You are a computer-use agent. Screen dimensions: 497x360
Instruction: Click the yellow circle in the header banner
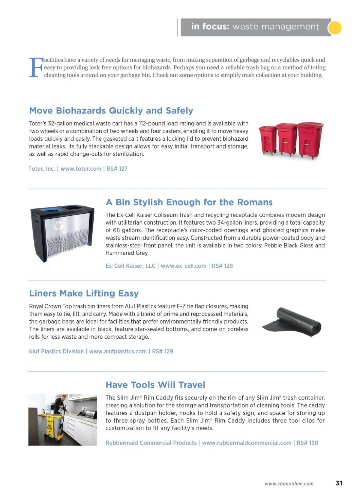click(x=334, y=28)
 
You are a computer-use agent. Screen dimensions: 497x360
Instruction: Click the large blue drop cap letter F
click(x=36, y=67)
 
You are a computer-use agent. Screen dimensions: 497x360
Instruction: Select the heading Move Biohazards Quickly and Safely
click(x=111, y=111)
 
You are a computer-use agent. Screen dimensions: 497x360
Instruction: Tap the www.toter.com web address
click(x=81, y=169)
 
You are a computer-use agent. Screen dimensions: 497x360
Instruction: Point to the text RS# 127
click(x=117, y=169)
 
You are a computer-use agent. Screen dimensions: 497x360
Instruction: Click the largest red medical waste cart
click(x=310, y=139)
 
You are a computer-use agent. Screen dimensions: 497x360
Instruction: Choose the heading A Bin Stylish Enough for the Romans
click(x=189, y=202)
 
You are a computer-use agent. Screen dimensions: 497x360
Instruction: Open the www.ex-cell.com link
click(x=184, y=266)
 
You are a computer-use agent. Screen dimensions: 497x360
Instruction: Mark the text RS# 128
click(x=222, y=266)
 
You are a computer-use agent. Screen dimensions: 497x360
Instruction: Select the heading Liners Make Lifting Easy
click(x=84, y=293)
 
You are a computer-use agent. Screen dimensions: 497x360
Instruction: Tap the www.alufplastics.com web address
click(x=118, y=352)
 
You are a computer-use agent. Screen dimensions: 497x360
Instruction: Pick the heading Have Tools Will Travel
click(x=155, y=385)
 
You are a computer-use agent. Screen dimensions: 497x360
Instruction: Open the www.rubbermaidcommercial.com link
click(x=247, y=443)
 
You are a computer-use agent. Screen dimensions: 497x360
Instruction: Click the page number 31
click(x=339, y=483)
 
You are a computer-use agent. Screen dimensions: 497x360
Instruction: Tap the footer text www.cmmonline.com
click(x=289, y=484)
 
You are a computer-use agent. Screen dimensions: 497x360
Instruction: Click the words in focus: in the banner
click(x=210, y=27)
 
